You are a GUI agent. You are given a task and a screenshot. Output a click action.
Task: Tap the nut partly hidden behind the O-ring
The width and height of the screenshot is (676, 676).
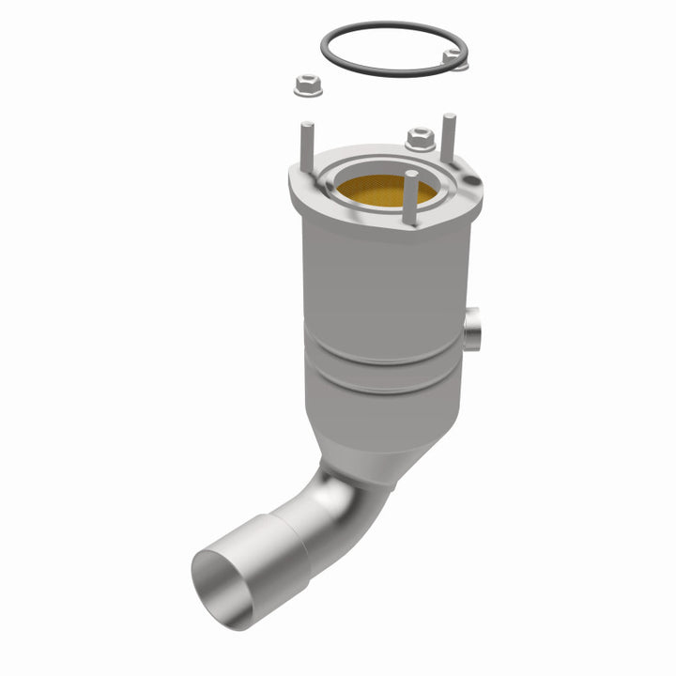point(455,58)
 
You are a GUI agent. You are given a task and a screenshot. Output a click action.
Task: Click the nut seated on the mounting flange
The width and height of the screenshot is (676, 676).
point(420,140)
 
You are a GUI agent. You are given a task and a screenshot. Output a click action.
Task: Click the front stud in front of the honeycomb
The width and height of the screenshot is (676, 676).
point(409,199)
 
